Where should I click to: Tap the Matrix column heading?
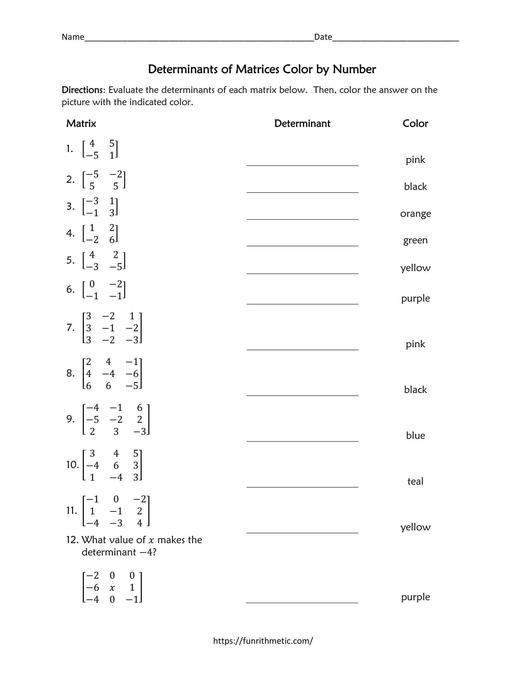coord(81,123)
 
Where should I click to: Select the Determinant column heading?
coord(302,123)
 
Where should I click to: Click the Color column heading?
coord(415,123)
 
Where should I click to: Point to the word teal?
coord(415,481)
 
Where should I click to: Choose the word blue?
coord(416,435)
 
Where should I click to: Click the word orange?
coord(416,213)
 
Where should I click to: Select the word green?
coord(416,240)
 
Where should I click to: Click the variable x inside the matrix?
coord(112,587)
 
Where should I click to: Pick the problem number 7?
coord(71,327)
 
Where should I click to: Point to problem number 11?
coord(72,510)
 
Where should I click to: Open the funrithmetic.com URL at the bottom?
coord(263,641)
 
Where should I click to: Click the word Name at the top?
coord(73,37)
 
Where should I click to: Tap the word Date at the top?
coord(323,37)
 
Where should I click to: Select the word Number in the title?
coord(354,69)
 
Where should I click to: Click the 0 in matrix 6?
coord(92,284)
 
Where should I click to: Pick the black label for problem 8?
coord(416,389)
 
